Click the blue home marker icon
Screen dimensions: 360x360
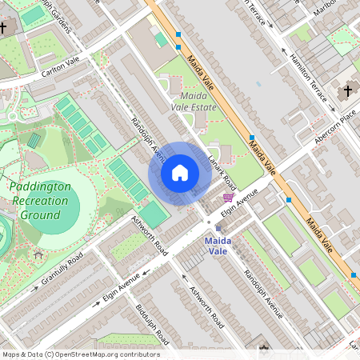tap(179, 173)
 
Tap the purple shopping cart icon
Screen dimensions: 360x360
tap(228, 197)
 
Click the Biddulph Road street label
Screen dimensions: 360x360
tap(151, 322)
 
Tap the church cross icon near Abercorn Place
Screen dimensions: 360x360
tap(347, 91)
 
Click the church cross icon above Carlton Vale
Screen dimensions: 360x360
tap(3, 29)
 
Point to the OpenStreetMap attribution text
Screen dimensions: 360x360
tap(80, 354)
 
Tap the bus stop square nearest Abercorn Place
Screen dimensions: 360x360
tap(288, 200)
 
